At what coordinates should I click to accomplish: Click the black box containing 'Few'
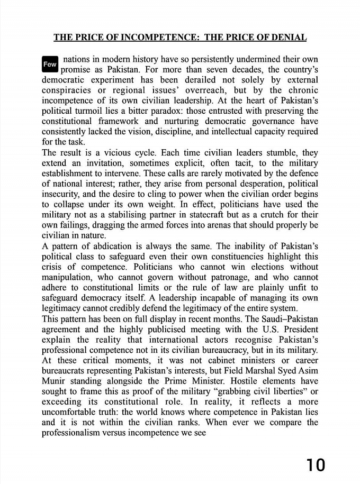(50, 64)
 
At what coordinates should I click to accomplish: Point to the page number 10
(316, 465)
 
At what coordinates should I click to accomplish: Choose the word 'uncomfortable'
(74, 412)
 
